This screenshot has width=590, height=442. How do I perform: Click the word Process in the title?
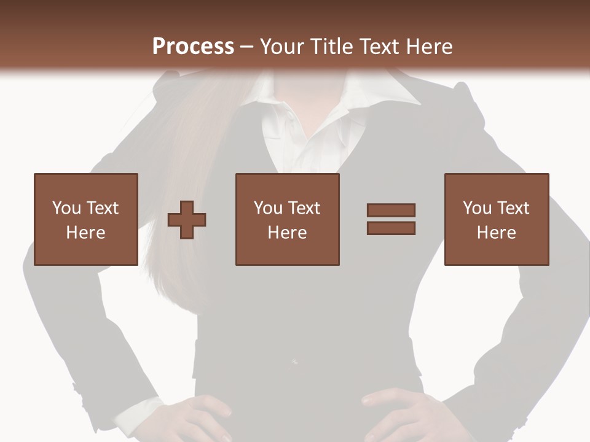(193, 47)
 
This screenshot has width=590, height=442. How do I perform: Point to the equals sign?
(391, 219)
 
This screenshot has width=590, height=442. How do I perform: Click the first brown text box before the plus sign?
(85, 219)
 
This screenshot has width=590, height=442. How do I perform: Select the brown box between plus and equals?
(287, 219)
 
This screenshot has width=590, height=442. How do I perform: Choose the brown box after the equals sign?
(496, 219)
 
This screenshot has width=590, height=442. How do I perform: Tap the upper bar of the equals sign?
(391, 211)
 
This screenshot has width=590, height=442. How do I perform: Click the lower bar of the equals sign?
(391, 228)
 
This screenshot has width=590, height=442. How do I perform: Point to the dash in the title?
(247, 47)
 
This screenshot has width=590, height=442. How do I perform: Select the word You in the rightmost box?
(477, 209)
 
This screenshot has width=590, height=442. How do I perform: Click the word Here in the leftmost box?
(85, 233)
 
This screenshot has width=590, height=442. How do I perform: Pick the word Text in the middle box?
(304, 209)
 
